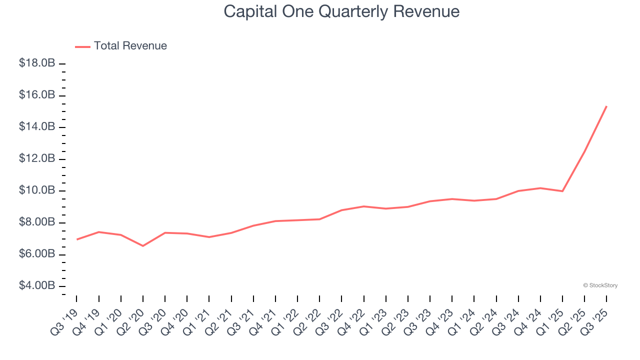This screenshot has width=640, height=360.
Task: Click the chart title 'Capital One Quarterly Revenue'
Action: pyautogui.click(x=341, y=11)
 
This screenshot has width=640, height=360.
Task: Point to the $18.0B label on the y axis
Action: pyautogui.click(x=37, y=63)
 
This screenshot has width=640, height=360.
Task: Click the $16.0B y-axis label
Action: pyautogui.click(x=37, y=95)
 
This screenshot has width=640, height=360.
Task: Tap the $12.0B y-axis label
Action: pyautogui.click(x=37, y=158)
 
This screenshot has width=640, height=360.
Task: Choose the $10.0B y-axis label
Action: pyautogui.click(x=37, y=190)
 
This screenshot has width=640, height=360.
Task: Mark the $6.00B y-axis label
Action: pyautogui.click(x=37, y=254)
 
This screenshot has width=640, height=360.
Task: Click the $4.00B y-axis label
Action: pyautogui.click(x=37, y=285)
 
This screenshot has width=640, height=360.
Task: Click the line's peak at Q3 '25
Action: pyautogui.click(x=606, y=106)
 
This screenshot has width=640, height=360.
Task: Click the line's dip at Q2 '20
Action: pyautogui.click(x=143, y=245)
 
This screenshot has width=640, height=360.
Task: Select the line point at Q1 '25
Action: pyautogui.click(x=562, y=191)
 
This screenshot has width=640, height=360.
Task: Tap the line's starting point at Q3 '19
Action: pyautogui.click(x=76, y=239)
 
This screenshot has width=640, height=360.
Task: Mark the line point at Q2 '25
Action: pyautogui.click(x=584, y=151)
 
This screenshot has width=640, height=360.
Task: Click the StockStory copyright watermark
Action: pyautogui.click(x=600, y=285)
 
